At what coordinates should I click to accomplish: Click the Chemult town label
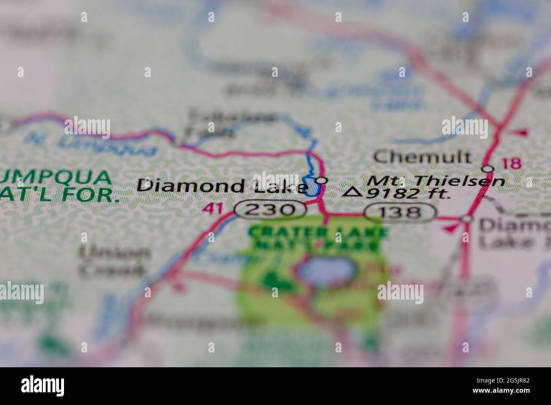click(422, 157)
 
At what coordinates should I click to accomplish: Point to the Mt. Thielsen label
click(436, 181)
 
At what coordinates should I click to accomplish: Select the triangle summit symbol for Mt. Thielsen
click(352, 193)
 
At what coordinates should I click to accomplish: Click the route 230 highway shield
click(270, 209)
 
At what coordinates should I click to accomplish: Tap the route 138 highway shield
click(400, 212)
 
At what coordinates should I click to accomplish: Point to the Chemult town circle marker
click(488, 169)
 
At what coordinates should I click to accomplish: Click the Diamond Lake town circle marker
click(322, 180)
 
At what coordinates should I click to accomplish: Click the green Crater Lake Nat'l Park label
click(319, 238)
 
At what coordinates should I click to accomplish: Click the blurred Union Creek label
click(114, 261)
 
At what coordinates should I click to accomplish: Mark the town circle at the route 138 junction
click(467, 219)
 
